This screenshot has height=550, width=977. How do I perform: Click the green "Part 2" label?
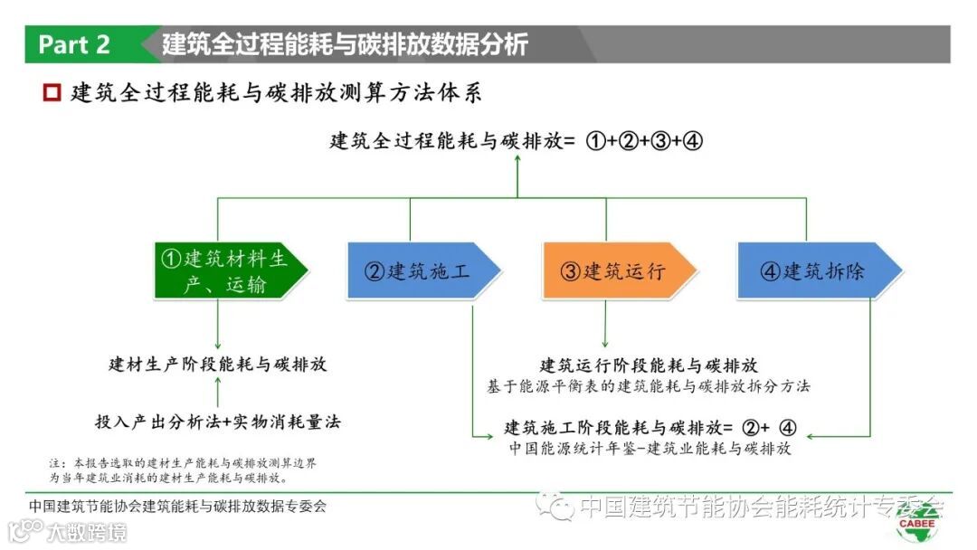tap(74, 44)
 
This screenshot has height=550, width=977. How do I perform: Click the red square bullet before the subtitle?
tap(52, 92)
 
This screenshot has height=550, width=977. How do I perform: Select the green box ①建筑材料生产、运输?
tap(226, 270)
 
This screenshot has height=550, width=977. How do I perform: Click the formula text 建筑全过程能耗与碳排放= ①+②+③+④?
tap(517, 141)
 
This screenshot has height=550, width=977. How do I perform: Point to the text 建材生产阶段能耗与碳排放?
tap(218, 365)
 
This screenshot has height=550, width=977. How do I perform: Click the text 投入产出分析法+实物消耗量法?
tap(218, 422)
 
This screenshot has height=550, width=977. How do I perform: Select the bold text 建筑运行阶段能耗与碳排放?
tap(649, 365)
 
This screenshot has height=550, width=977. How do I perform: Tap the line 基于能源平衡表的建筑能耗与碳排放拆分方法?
tap(649, 386)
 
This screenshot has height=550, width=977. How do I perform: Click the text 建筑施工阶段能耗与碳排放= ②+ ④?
tap(650, 427)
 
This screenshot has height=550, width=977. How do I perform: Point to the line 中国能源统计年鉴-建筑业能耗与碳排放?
tap(650, 449)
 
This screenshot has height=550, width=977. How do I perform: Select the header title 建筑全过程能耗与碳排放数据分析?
tap(345, 44)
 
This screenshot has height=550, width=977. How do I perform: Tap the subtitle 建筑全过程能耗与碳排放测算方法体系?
tap(277, 92)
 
